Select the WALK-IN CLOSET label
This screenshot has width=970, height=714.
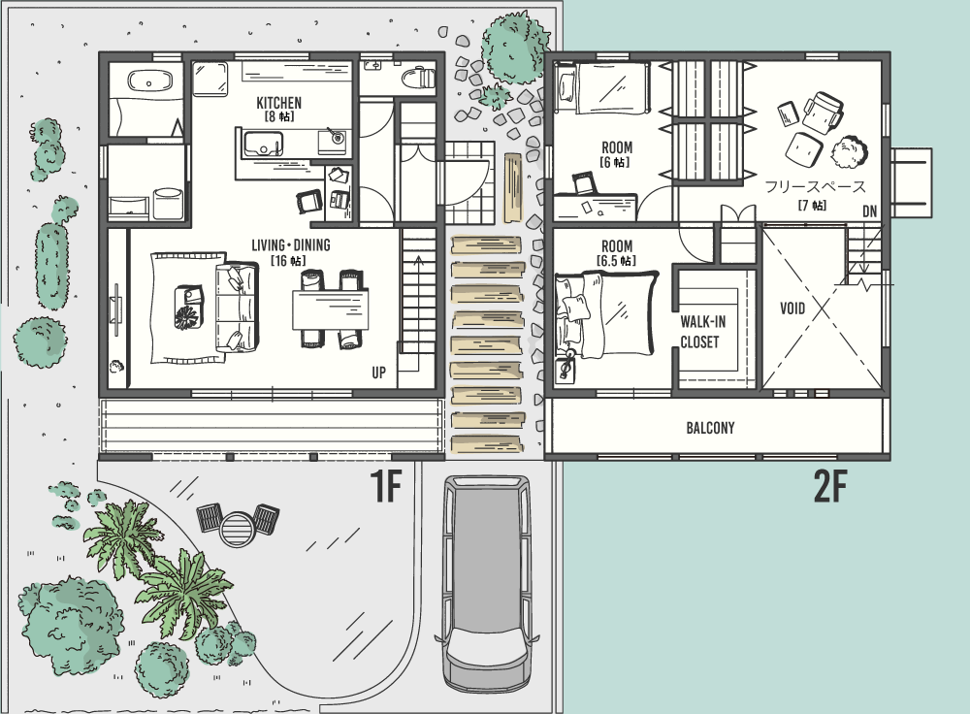702,332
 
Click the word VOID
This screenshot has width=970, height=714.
792,308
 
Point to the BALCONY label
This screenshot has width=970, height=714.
710,428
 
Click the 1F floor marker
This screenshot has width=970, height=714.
386,486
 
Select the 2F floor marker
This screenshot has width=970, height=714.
829,486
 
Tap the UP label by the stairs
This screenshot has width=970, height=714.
378,373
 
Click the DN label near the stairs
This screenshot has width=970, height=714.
870,211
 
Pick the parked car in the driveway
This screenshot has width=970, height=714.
487,583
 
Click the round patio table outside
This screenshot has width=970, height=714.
238,529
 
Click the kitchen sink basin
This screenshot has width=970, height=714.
263,145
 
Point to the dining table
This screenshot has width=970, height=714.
331,309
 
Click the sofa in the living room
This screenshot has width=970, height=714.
236,308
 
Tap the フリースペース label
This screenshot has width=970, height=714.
815,186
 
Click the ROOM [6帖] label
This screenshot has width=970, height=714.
616,154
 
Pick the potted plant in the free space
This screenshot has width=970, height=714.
849,152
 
